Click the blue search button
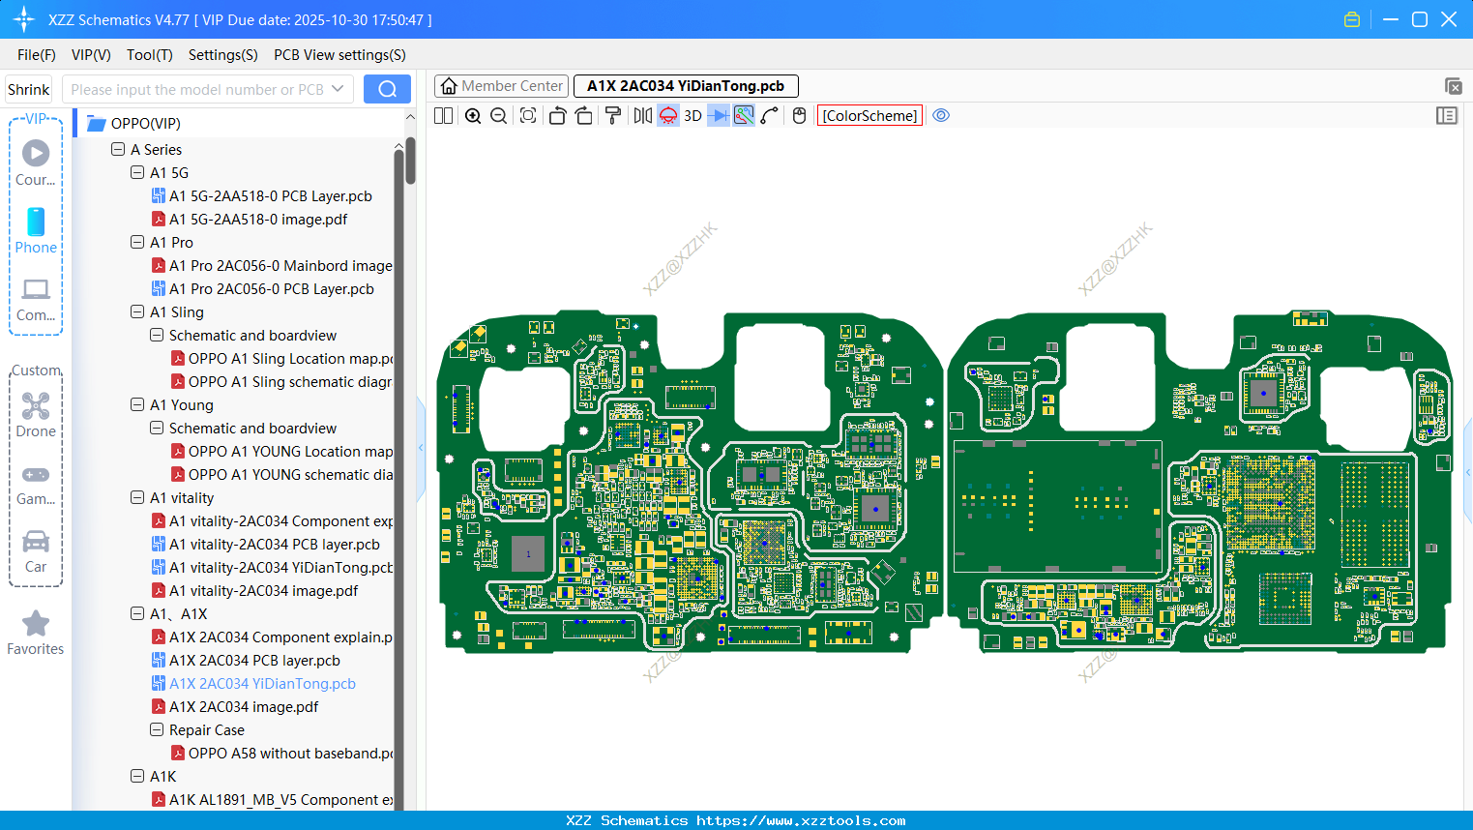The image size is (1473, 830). click(x=387, y=89)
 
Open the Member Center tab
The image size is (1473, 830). click(x=501, y=86)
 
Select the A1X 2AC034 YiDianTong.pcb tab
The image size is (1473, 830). click(x=685, y=86)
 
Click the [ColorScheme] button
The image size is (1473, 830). click(x=869, y=116)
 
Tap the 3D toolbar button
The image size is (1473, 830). click(x=692, y=116)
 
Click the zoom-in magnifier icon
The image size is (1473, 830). click(x=473, y=116)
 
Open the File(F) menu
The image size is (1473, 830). click(x=37, y=55)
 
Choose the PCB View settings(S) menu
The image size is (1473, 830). click(x=339, y=55)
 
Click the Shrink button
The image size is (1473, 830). click(x=29, y=89)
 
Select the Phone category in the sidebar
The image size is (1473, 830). click(x=36, y=230)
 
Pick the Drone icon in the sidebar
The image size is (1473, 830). click(x=36, y=414)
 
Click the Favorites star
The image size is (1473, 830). click(x=36, y=633)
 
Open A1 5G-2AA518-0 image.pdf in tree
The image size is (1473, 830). click(x=258, y=220)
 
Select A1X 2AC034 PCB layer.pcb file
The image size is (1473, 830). click(x=254, y=661)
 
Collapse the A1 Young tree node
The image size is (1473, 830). click(x=137, y=405)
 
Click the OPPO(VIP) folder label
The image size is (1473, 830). click(x=145, y=124)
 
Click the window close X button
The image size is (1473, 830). click(x=1449, y=19)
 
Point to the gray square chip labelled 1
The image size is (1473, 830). click(x=528, y=554)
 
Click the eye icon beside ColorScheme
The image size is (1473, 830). click(x=941, y=116)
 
